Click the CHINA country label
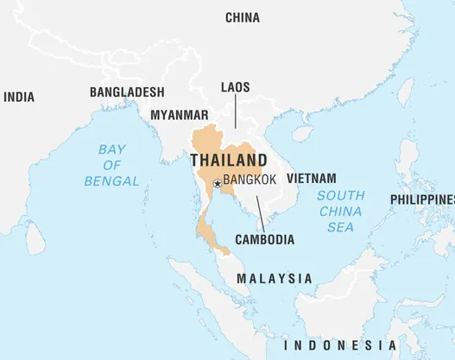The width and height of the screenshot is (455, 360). pos(243,17)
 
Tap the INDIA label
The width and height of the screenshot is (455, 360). pos(19,98)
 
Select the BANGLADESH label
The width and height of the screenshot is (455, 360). pos(127,92)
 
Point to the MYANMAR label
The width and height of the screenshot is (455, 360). pos(179,115)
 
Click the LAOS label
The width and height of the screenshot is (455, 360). pos(236,87)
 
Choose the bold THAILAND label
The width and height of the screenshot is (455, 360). pos(228,161)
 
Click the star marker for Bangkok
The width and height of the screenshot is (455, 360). pos(217,183)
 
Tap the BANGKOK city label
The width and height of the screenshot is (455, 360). pos(250,180)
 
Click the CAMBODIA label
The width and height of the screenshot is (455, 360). pos(264,239)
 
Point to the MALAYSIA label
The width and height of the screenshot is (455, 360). pos(275,279)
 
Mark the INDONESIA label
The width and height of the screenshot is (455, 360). pos(340,344)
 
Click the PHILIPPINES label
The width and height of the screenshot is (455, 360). pos(422,199)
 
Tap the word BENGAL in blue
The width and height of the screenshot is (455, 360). pos(111,181)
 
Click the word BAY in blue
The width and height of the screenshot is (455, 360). pos(112,148)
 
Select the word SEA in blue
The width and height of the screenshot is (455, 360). pos(339,227)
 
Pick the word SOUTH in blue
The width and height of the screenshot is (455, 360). pos(340,195)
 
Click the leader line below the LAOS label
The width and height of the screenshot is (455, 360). pos(236,112)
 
